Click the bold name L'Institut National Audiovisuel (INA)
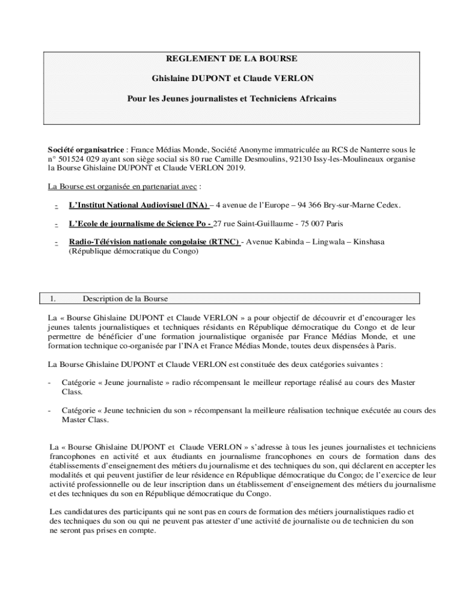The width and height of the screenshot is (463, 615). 139,205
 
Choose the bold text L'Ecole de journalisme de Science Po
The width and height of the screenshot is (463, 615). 140,223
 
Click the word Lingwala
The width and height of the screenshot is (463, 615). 333,241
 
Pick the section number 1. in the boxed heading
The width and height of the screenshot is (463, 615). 54,298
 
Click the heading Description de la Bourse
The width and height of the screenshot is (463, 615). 125,298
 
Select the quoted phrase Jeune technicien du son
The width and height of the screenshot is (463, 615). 147,410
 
